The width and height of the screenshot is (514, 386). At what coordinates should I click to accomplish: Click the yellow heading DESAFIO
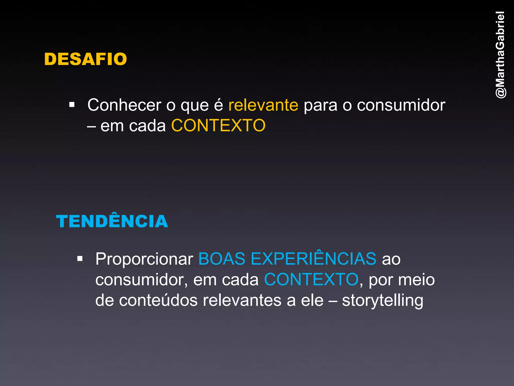(x=86, y=59)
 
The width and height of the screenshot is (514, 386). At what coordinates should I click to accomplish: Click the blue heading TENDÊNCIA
(x=112, y=221)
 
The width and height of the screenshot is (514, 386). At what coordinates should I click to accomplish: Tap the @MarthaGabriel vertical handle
(x=500, y=55)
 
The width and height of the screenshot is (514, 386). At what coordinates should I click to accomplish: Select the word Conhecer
(x=124, y=105)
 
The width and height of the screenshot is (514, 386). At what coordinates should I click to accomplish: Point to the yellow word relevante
(x=263, y=105)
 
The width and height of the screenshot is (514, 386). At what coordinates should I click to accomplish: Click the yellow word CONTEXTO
(x=218, y=126)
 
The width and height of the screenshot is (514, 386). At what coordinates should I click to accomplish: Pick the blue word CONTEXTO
(x=311, y=279)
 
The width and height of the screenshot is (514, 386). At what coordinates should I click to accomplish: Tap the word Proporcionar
(x=144, y=259)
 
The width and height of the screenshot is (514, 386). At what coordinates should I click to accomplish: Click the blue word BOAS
(x=222, y=259)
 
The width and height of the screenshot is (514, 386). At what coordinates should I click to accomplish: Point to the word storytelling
(x=382, y=301)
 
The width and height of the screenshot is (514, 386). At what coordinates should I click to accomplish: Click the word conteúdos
(x=158, y=300)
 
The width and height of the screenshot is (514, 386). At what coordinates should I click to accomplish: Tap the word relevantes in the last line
(x=242, y=300)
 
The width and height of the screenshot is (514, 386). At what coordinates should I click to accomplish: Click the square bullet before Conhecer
(x=72, y=105)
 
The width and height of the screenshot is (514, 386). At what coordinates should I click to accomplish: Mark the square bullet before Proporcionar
(x=80, y=259)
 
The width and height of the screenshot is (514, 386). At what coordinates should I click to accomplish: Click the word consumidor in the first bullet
(x=401, y=105)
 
